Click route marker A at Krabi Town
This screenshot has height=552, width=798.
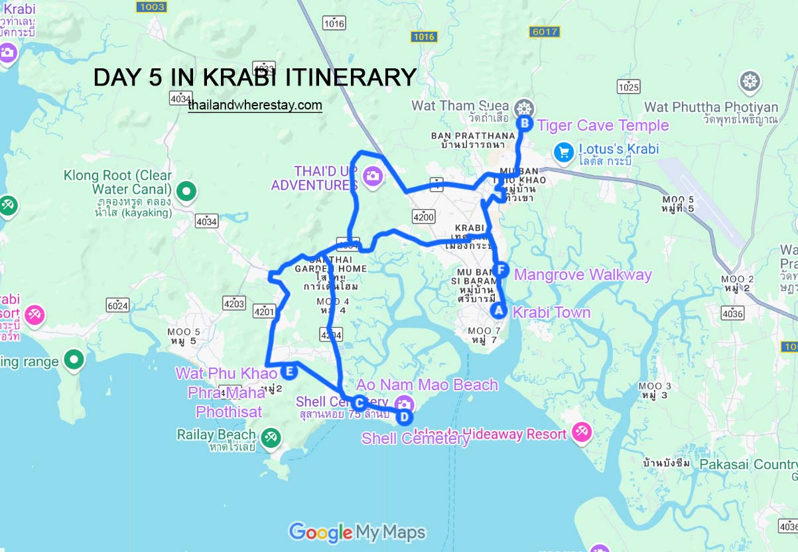pos(498,309)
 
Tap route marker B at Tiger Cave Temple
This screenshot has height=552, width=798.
pos(525,123)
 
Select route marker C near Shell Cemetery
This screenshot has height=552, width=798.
pos(359,403)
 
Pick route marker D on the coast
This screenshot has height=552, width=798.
pos(404,417)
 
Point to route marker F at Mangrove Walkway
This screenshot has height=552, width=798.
pos(501,270)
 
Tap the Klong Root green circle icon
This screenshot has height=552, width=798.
pos(187,192)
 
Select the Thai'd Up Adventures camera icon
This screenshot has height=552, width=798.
pos(373,176)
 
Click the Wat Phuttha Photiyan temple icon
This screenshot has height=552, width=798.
pos(750,82)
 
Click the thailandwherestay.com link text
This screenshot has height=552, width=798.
pos(255,105)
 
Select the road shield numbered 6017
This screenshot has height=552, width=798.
pos(545,31)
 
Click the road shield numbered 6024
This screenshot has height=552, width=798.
pos(117,305)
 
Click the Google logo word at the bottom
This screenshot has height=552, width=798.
pos(320,531)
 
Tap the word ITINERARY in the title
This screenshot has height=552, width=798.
pos(351,77)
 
